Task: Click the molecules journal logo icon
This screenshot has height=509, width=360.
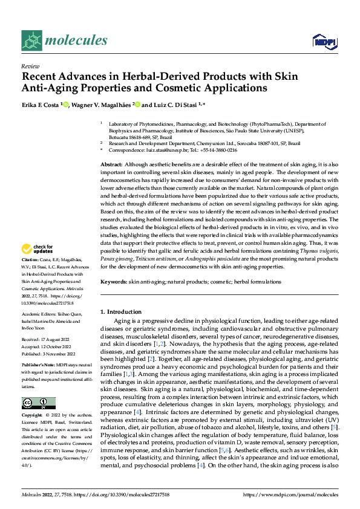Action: (x=33, y=40)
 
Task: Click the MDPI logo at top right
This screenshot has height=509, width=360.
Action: (x=324, y=41)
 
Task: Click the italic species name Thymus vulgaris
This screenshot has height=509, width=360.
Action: (x=318, y=251)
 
